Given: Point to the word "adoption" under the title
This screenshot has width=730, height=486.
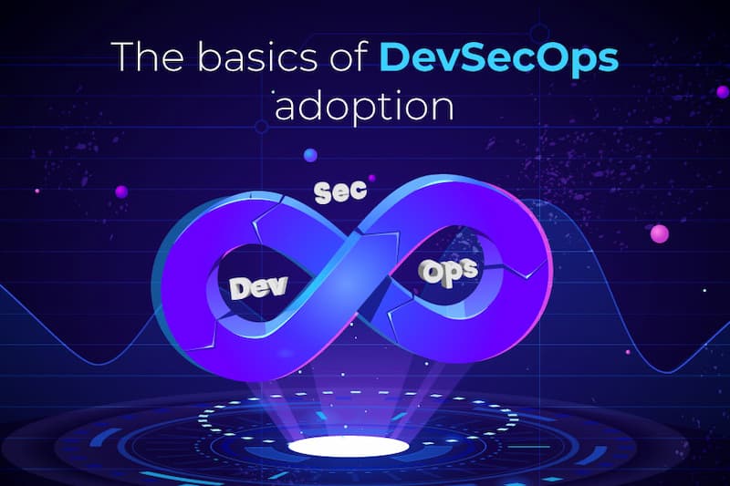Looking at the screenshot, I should coord(363,106).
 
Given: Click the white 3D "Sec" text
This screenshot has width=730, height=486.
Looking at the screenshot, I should coord(340,191).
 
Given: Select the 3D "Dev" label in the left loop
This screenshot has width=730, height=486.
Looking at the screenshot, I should coord(259,287).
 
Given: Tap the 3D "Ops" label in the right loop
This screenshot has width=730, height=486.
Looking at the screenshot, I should coord(448,272).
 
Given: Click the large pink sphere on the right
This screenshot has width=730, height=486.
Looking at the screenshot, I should coord(659,233).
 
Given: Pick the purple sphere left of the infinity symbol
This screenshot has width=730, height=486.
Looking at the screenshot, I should coord(121,191).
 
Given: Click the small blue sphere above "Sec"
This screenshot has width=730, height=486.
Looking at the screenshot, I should coord(310,154).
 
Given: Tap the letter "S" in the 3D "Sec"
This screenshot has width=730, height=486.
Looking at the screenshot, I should coord(322,193).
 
